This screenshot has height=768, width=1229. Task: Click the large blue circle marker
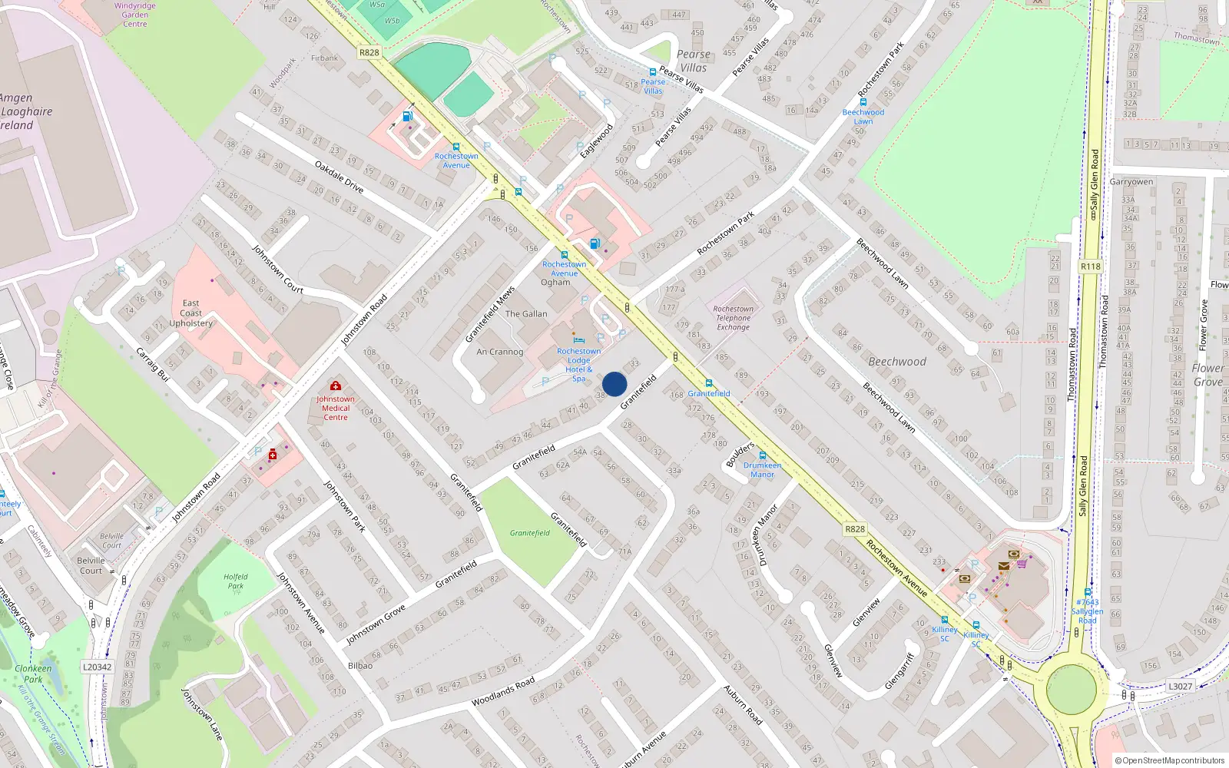coord(614,384)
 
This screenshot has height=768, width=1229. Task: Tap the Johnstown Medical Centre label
coord(336,408)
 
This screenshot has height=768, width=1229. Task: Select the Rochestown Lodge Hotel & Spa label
coord(579,365)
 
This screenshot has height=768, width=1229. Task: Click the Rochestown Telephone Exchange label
coord(734,318)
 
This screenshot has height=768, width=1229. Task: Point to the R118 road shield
coord(1090,266)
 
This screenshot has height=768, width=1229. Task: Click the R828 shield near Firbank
coord(369,52)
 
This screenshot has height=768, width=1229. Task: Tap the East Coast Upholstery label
coord(191,313)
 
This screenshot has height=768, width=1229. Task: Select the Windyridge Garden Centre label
coord(135,15)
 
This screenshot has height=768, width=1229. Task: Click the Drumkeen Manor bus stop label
coord(762,470)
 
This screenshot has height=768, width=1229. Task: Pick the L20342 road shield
coord(98,667)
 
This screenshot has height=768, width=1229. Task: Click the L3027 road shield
coord(1180,687)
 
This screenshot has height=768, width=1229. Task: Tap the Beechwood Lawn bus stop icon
coord(863,101)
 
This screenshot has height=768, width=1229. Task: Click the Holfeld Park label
coord(236,581)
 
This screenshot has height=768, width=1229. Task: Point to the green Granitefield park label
coord(530,533)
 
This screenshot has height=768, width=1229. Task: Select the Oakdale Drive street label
coord(339,177)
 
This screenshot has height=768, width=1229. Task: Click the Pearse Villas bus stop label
coord(653,86)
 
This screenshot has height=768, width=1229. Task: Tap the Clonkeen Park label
coord(33,674)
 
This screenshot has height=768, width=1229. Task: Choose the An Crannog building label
coord(499,352)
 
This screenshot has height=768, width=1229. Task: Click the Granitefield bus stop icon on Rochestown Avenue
coord(708,382)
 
